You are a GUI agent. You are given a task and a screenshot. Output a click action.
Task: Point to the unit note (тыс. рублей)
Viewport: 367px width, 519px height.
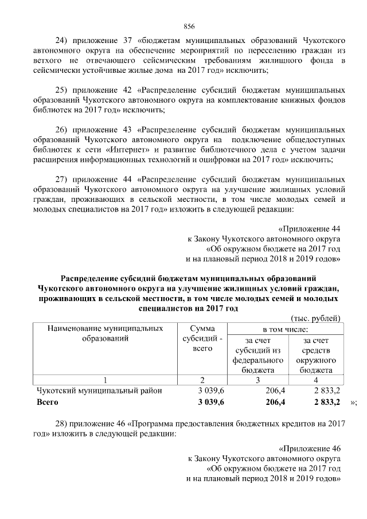[x=317, y=318]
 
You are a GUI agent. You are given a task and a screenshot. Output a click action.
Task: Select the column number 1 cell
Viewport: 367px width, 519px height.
[x=104, y=380]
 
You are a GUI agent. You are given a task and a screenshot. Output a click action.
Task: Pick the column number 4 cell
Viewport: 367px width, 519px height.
[x=315, y=380]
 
